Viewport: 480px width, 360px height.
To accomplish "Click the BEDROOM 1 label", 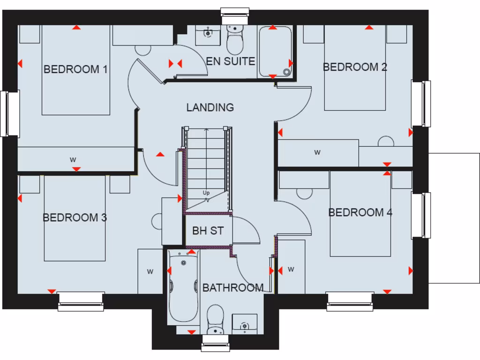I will (75, 69).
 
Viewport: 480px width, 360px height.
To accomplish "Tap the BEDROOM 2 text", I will (355, 67).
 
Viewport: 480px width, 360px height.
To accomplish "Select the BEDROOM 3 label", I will (75, 217).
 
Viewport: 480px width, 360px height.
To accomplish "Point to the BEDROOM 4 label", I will (360, 212).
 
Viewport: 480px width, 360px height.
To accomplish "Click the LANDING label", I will (210, 107).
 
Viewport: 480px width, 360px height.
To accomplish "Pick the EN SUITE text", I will (231, 61).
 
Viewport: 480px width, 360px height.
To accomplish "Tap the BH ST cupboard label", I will (208, 231).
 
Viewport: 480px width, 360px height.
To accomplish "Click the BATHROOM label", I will (232, 287).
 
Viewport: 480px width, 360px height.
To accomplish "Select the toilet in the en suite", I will (234, 40).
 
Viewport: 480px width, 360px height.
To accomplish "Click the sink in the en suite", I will (207, 34).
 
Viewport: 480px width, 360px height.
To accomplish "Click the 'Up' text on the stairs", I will (206, 193).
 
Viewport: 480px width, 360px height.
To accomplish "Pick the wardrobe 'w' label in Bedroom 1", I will (73, 159).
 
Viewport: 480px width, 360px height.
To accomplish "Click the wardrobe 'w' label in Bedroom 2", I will (317, 152).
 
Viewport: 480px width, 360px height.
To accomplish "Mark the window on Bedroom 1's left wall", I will (9, 113).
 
